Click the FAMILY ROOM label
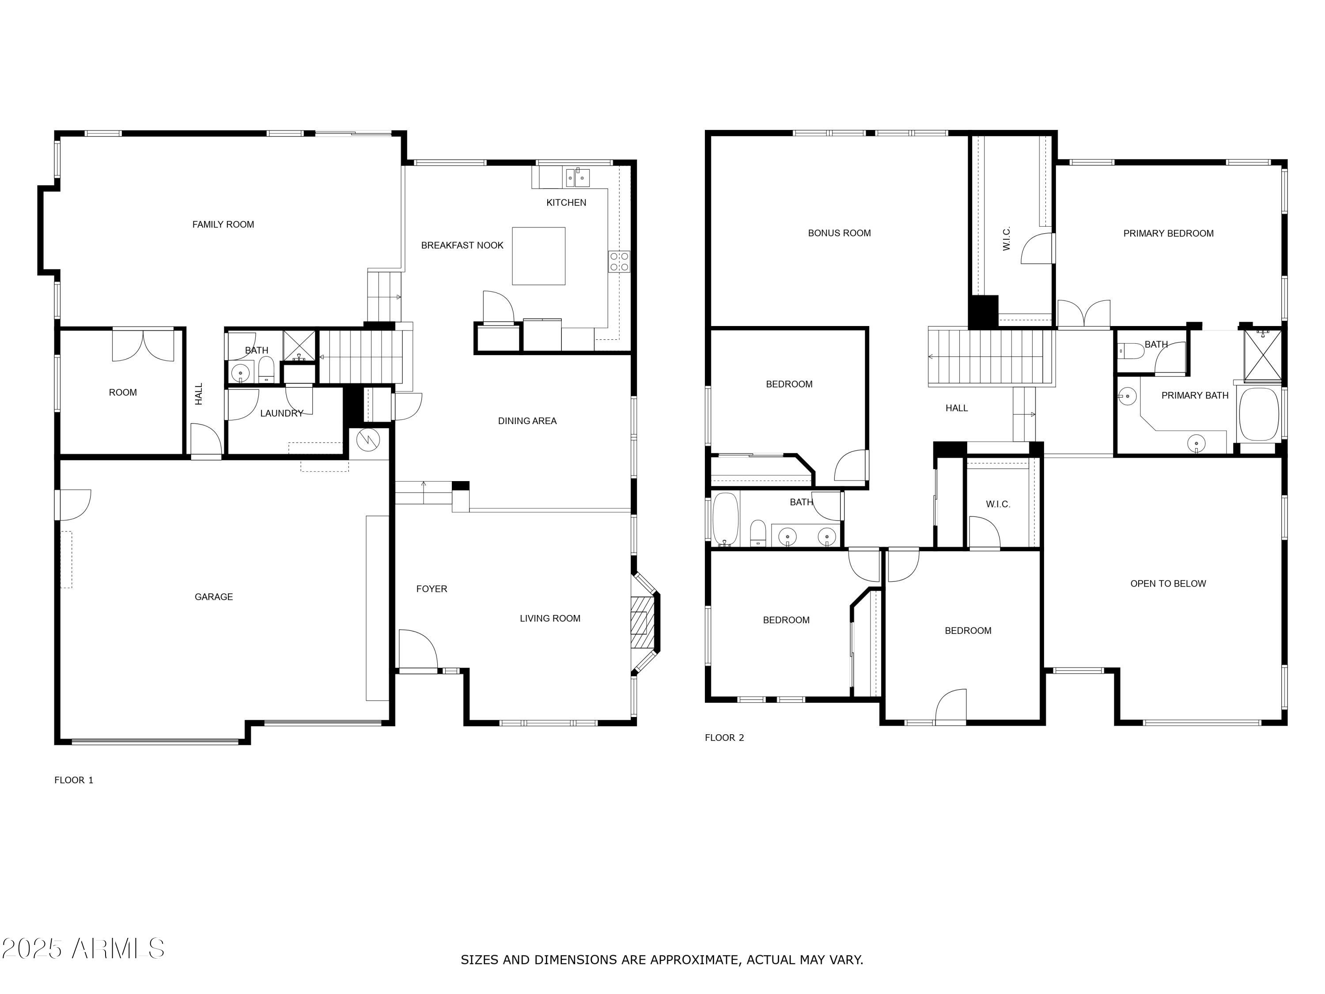click(x=223, y=224)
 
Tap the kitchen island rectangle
click(x=538, y=256)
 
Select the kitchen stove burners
click(x=619, y=261)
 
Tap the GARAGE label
click(x=213, y=597)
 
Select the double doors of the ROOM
click(x=143, y=345)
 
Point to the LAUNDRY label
click(x=281, y=414)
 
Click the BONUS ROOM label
click(x=839, y=233)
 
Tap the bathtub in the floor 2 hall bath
click(x=725, y=520)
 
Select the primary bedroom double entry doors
click(x=1083, y=314)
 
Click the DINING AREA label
click(x=526, y=421)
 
